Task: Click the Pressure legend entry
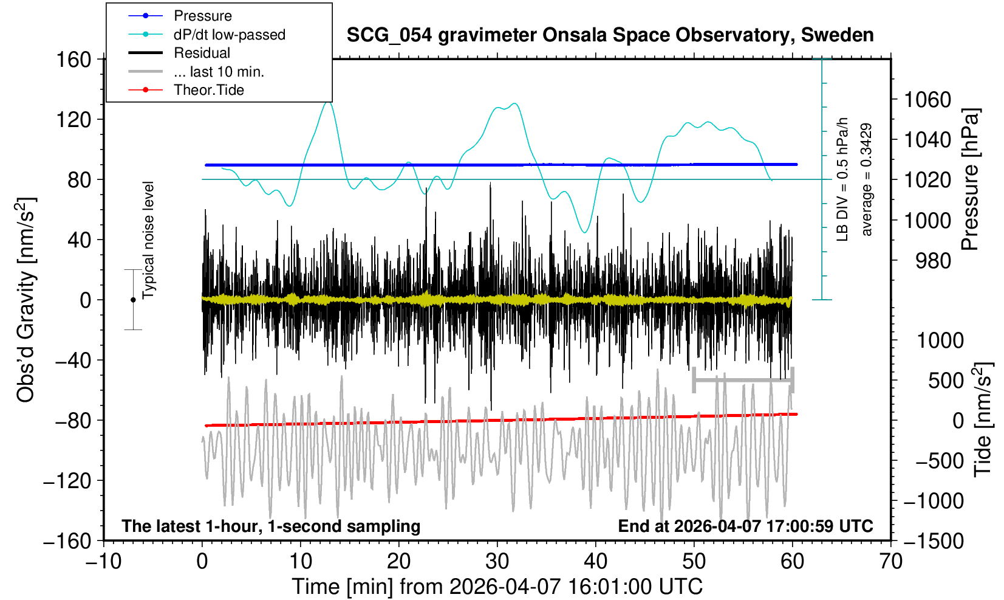click(202, 16)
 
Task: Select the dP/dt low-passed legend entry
click(229, 35)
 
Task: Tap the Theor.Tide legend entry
click(208, 90)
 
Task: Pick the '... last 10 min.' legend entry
click(219, 72)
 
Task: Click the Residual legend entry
click(202, 53)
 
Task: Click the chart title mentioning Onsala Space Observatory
click(610, 35)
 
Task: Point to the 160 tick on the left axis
click(73, 60)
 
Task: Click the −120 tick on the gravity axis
click(67, 481)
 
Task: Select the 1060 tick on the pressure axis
click(927, 99)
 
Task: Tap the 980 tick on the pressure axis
click(933, 261)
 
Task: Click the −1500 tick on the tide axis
click(934, 541)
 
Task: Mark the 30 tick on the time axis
click(497, 560)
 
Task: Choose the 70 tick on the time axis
click(890, 560)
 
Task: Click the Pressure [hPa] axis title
click(971, 179)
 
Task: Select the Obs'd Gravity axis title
click(26, 299)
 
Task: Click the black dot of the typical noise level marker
click(133, 300)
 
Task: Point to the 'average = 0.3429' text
click(867, 179)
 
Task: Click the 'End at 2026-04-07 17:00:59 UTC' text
click(745, 526)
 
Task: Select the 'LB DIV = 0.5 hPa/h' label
click(842, 179)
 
